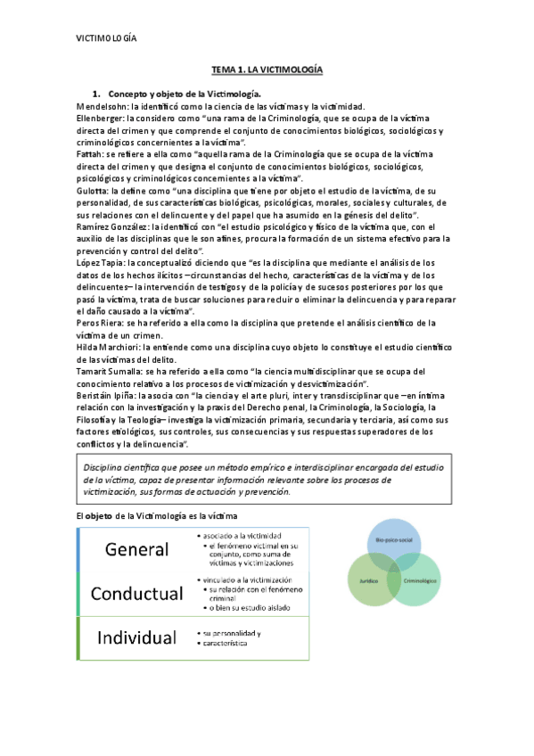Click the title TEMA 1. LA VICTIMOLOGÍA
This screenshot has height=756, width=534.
pyautogui.click(x=267, y=70)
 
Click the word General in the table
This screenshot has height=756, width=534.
pyautogui.click(x=130, y=548)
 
